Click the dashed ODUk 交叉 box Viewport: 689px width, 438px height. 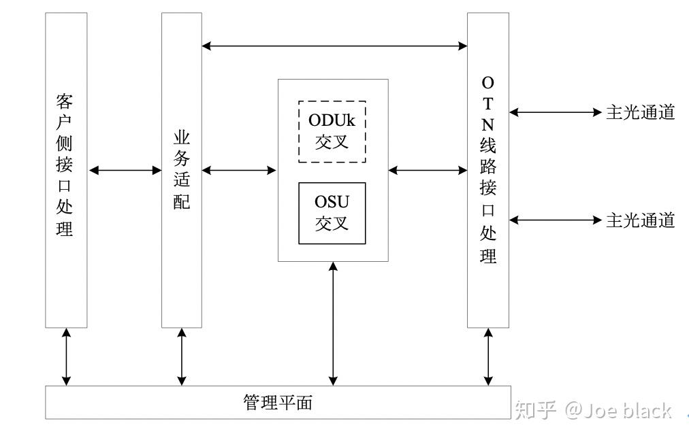tap(332, 131)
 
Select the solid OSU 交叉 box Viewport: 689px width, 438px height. tap(332, 213)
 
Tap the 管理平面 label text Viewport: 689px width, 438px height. tap(278, 402)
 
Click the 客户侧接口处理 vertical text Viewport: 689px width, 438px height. tap(65, 165)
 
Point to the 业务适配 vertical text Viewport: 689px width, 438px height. tap(181, 169)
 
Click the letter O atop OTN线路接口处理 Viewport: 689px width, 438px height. tap(487, 82)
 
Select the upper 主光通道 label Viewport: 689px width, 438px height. tap(640, 112)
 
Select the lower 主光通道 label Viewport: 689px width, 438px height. tap(640, 220)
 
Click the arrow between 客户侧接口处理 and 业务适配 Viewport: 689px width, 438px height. tap(125, 170)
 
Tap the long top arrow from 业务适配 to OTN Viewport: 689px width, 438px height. tap(334, 46)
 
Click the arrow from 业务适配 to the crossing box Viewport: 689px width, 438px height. tap(240, 170)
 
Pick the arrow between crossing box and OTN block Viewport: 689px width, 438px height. tap(428, 170)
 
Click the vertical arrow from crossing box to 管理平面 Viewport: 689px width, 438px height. tap(333, 323)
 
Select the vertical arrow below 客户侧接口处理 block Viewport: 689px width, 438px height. tap(66, 356)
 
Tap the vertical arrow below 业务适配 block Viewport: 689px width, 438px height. tap(182, 356)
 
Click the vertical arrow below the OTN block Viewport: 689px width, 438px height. tap(488, 356)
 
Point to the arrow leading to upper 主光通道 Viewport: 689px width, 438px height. tap(556, 112)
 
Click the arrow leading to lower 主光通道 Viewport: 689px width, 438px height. tap(556, 220)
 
